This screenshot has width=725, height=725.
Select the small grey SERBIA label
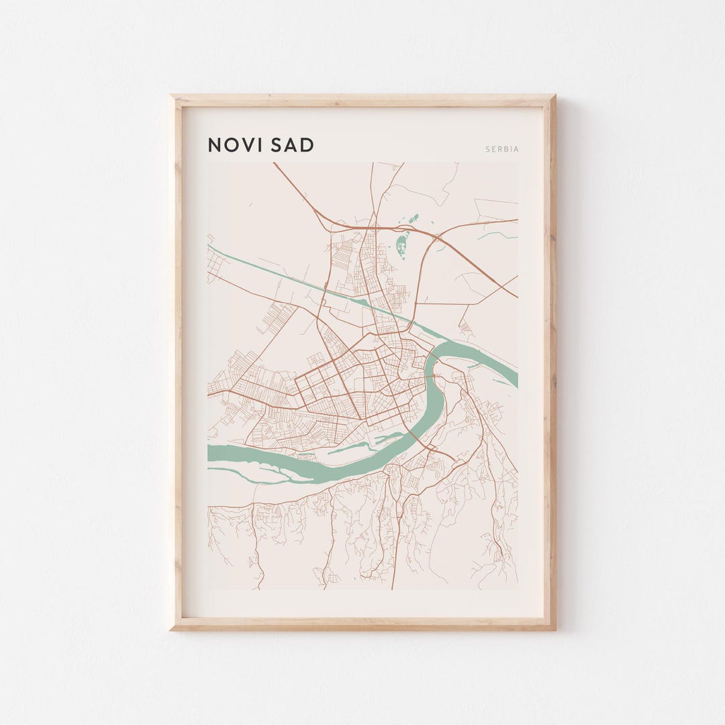point(502,149)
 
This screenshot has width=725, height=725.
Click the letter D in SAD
point(307,145)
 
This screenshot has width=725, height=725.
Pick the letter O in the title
point(230,145)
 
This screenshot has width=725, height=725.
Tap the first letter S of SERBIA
point(487,149)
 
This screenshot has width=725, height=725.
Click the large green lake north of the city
point(402,245)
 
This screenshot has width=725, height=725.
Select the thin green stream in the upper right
point(497,235)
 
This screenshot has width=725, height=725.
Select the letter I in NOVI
point(259,145)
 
